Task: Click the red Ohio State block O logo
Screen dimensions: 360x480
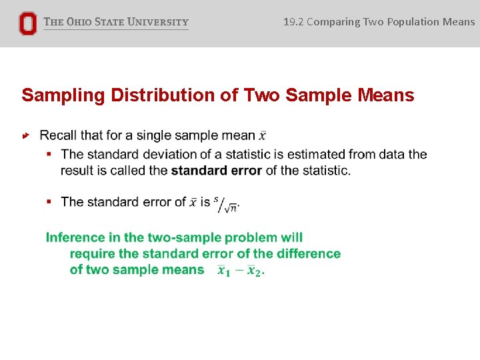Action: tap(27, 23)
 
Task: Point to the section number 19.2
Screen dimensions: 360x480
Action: tap(293, 21)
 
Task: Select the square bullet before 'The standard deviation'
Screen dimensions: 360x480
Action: tap(49, 155)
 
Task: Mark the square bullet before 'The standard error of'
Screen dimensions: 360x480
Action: tap(49, 201)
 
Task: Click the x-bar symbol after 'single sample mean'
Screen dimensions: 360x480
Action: tap(263, 136)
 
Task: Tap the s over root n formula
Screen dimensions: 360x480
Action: tap(226, 203)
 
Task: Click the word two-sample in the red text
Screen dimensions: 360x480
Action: tap(185, 237)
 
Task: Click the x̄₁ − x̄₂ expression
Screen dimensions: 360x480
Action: tap(240, 270)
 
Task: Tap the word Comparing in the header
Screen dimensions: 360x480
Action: tap(333, 21)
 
